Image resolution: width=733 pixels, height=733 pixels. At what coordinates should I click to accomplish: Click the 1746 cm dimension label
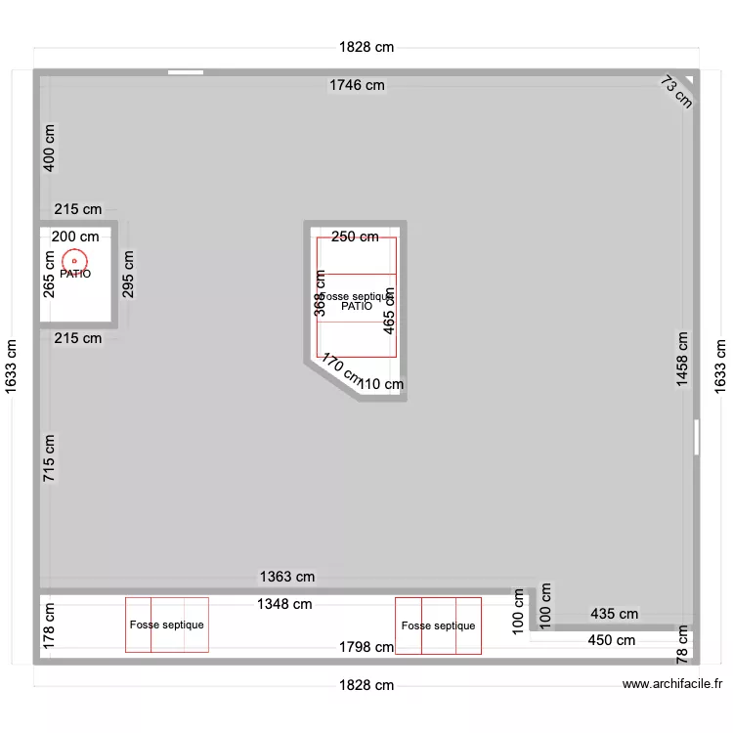pyautogui.click(x=357, y=86)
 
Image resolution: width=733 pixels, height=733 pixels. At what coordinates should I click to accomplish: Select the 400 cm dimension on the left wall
pyautogui.click(x=50, y=147)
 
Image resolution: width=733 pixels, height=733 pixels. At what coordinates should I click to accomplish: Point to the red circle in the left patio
pyautogui.click(x=74, y=261)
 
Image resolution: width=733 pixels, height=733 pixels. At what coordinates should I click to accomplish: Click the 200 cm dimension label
pyautogui.click(x=75, y=237)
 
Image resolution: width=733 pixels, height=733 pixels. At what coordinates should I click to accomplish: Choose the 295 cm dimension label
pyautogui.click(x=129, y=274)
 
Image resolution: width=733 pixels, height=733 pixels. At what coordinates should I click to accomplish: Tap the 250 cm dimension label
pyautogui.click(x=355, y=237)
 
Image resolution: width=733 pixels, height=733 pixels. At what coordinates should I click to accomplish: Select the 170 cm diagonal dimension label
pyautogui.click(x=339, y=370)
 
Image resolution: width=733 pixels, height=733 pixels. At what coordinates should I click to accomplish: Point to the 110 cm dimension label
pyautogui.click(x=381, y=385)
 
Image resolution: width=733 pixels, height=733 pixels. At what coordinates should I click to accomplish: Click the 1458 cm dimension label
pyautogui.click(x=682, y=360)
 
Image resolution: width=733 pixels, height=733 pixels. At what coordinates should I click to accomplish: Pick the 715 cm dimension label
pyautogui.click(x=50, y=457)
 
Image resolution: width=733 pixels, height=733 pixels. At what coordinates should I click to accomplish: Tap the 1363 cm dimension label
pyautogui.click(x=287, y=578)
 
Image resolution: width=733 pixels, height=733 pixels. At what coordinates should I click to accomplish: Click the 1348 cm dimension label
pyautogui.click(x=284, y=604)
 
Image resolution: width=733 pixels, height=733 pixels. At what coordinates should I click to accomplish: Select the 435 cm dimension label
pyautogui.click(x=614, y=615)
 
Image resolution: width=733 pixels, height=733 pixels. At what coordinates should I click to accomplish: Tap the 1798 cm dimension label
pyautogui.click(x=366, y=647)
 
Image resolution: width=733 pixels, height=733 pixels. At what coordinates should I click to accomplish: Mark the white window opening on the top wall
pyautogui.click(x=186, y=71)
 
